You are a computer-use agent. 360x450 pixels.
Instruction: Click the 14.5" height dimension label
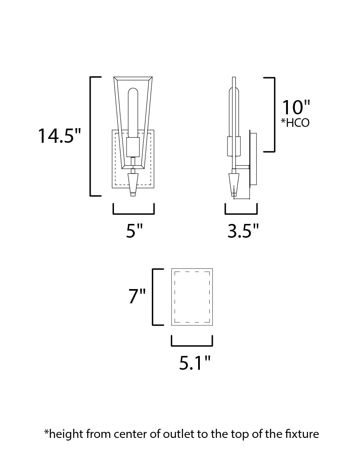tap(60, 135)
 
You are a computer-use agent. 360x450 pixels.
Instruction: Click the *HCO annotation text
tap(295, 123)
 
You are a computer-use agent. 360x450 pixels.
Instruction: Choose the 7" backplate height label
tap(137, 296)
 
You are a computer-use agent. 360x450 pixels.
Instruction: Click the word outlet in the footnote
tap(176, 434)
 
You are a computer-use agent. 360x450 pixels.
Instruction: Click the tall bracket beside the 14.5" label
tap(91, 136)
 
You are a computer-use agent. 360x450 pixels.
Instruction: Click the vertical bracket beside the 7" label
tap(154, 296)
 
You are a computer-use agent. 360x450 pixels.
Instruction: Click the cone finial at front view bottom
tap(133, 183)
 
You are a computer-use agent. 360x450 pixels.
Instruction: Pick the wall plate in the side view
tap(253, 160)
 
